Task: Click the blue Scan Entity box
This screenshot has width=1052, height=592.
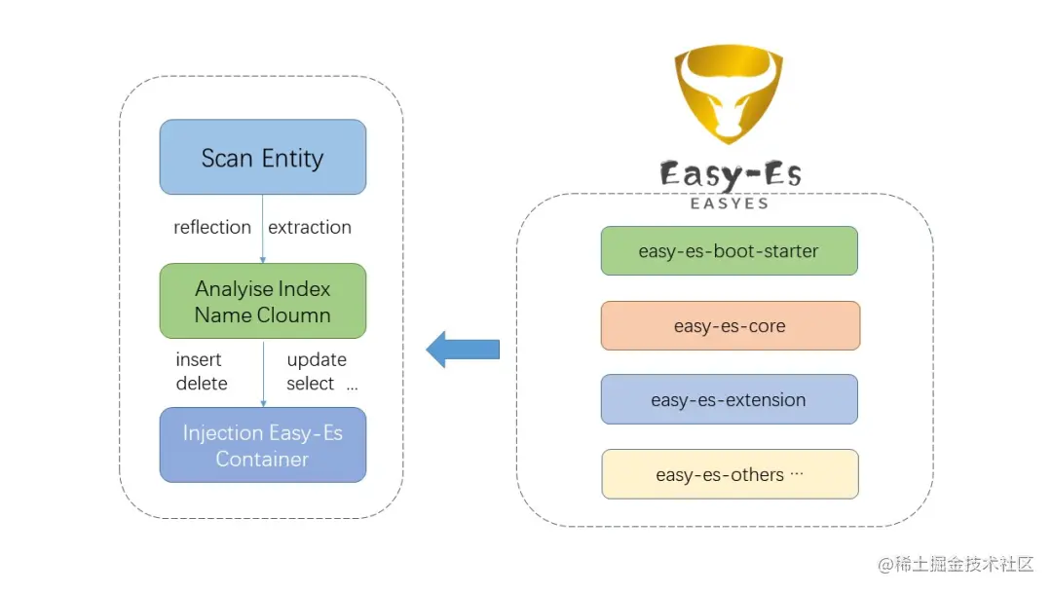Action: [x=263, y=157]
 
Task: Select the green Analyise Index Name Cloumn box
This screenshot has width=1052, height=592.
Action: [x=263, y=301]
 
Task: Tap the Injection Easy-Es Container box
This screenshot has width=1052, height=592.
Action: [x=263, y=445]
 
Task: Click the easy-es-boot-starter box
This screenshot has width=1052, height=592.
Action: [x=729, y=251]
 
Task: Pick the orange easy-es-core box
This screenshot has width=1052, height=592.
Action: [x=730, y=326]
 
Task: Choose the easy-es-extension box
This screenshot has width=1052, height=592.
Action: [x=729, y=399]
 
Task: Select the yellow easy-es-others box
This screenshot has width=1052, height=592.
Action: [x=730, y=474]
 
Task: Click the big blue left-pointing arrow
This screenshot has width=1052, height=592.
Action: [x=463, y=349]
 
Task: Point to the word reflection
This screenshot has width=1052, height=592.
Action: [x=212, y=227]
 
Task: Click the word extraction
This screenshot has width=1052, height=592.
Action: [x=310, y=227]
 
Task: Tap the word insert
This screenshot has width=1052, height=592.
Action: [x=199, y=359]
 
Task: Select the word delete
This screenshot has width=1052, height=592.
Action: [x=202, y=384]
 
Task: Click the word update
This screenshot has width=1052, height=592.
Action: [x=317, y=359]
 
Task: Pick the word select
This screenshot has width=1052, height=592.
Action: [x=311, y=384]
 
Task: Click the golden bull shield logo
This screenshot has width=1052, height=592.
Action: [x=730, y=94]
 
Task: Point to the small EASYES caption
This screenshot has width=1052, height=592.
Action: [x=730, y=203]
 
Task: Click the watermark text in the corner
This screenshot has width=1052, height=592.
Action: [x=955, y=565]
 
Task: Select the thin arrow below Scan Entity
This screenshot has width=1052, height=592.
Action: [x=263, y=229]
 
